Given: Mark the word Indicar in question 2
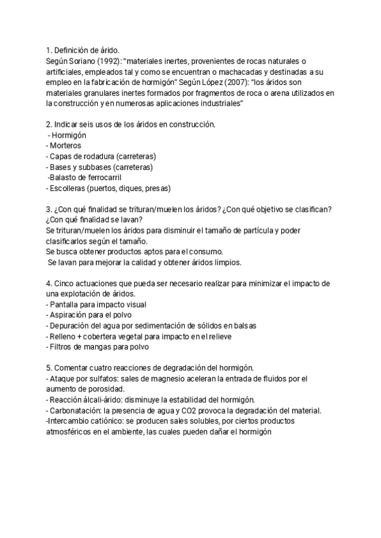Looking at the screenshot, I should point(68,124).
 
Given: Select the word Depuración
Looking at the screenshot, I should point(75,326).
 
